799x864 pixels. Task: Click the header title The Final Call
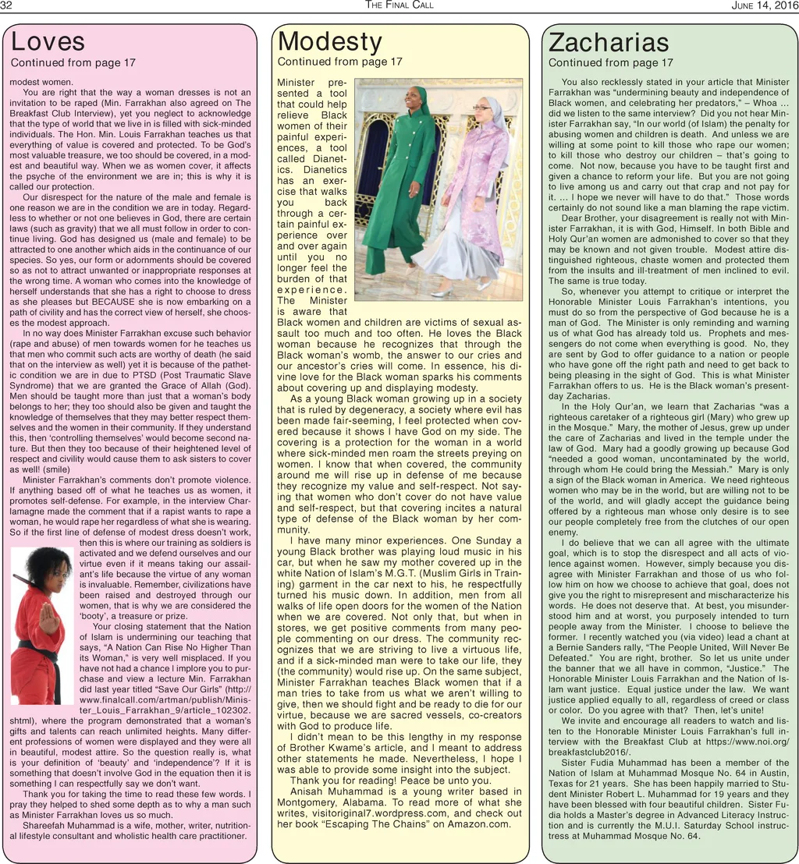click(x=399, y=5)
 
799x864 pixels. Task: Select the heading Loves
click(x=48, y=41)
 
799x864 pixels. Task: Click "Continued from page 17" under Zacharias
click(x=610, y=63)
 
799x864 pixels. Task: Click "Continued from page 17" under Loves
click(x=73, y=62)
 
